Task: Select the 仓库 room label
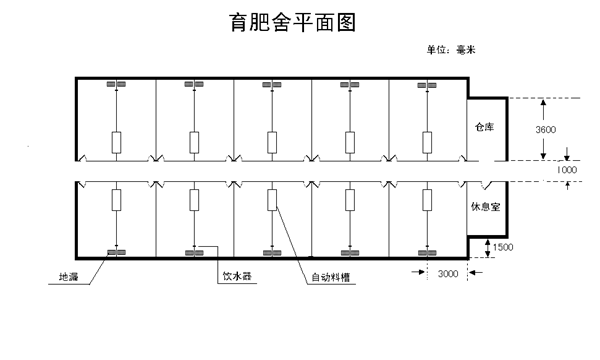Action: point(485,128)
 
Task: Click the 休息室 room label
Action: point(485,210)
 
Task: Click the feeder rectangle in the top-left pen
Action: point(116,142)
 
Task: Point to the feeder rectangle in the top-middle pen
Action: point(272,142)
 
